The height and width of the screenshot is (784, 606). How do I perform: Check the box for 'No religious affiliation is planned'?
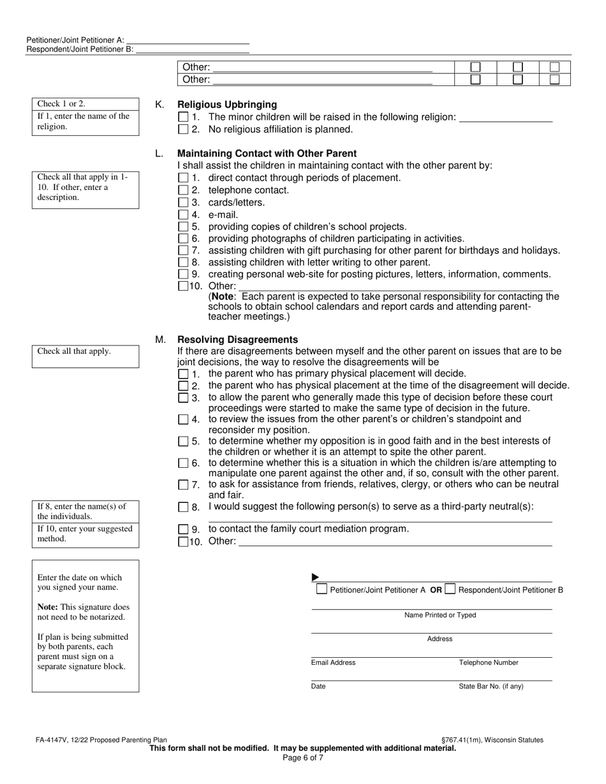tap(184, 129)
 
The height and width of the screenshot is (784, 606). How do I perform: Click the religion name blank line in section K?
tap(505, 118)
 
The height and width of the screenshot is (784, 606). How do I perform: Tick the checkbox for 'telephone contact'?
tap(184, 190)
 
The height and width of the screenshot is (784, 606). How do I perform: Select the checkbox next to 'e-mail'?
tap(184, 215)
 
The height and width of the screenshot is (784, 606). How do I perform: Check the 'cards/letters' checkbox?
tap(184, 203)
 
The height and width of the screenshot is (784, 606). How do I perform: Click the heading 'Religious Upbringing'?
tap(227, 105)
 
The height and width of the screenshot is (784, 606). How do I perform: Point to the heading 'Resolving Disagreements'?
tap(237, 340)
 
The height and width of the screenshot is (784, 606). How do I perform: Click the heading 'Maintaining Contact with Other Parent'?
tap(267, 154)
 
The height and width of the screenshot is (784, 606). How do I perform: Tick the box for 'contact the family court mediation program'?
tap(184, 529)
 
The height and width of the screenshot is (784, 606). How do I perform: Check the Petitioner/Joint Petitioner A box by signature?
tap(322, 589)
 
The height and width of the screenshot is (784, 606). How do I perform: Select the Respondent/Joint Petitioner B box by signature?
tap(450, 589)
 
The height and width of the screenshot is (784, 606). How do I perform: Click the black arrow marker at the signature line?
tap(315, 577)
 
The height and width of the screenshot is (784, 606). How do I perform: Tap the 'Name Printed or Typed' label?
tap(440, 615)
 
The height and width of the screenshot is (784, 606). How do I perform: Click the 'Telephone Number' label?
tap(489, 663)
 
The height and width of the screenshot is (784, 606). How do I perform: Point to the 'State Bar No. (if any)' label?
tap(491, 686)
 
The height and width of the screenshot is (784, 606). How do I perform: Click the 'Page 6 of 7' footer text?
tap(303, 758)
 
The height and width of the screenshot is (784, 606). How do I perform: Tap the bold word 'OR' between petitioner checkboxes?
tap(436, 590)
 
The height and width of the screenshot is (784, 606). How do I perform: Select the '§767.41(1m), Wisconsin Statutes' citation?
tap(492, 740)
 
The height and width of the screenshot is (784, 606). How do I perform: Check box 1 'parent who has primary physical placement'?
tap(184, 374)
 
